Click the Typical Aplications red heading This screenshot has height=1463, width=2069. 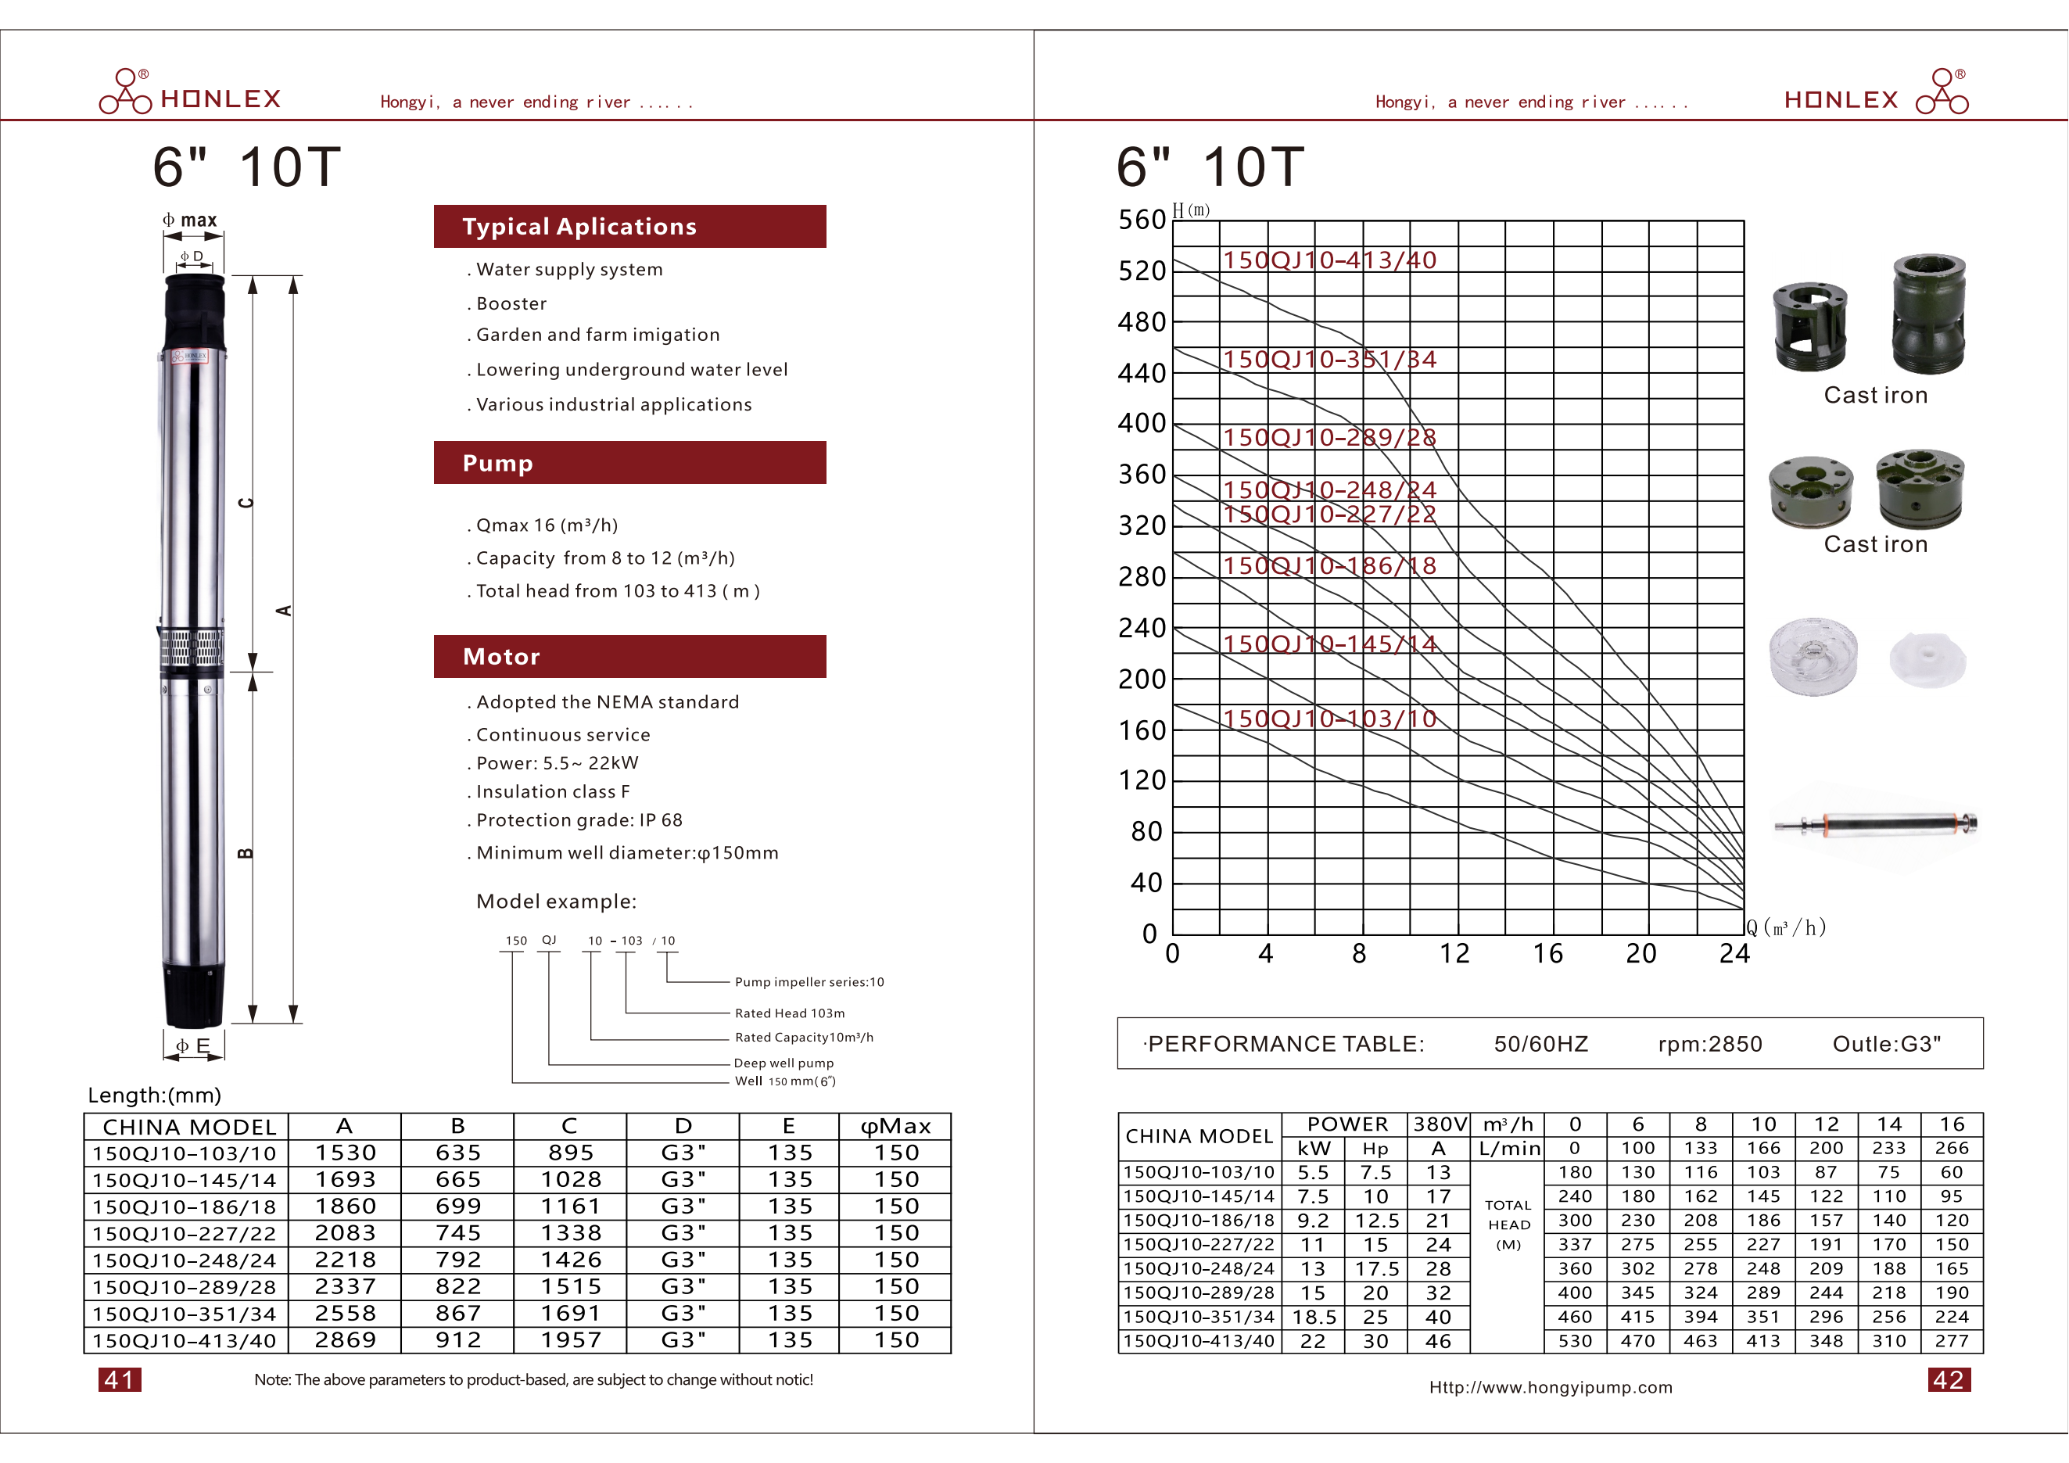point(579,226)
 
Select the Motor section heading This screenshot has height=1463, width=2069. point(501,657)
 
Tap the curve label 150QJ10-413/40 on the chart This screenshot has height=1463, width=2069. point(1329,260)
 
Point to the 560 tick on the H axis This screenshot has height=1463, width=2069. point(1142,220)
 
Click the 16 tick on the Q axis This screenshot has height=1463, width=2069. point(1548,954)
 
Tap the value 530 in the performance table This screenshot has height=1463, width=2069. point(1575,1340)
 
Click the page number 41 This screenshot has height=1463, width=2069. point(120,1379)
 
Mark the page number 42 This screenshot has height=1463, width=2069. point(1949,1379)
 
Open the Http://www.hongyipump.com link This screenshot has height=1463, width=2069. point(1550,1387)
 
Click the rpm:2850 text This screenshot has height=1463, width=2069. point(1709,1044)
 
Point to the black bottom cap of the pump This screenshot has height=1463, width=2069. point(193,995)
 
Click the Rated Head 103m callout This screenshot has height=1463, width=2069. point(790,1013)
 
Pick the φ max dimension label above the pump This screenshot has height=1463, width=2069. point(190,221)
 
